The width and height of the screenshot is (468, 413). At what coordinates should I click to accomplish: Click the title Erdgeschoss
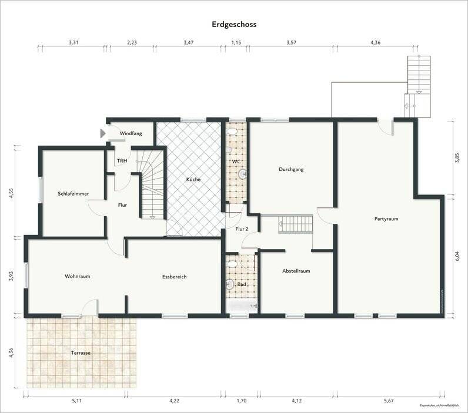tap(234, 25)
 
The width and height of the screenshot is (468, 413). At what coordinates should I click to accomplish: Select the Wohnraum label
tap(78, 276)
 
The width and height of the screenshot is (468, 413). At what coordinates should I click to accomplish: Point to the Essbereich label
tap(175, 276)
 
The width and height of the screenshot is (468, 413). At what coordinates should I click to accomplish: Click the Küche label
tap(193, 179)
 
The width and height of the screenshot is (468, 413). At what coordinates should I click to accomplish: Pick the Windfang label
tap(131, 134)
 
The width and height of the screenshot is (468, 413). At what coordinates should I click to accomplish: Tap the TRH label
tap(122, 161)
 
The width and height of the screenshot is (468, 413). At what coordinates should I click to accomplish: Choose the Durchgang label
tap(291, 170)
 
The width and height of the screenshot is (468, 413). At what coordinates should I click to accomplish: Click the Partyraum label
tap(386, 219)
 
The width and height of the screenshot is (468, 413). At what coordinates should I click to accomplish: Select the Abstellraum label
tap(296, 271)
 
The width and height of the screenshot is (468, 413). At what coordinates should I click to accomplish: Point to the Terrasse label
tap(81, 354)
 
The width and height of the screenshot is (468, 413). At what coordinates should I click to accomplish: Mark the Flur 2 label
tap(242, 229)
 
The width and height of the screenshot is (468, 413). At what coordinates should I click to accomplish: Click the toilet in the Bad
tap(230, 285)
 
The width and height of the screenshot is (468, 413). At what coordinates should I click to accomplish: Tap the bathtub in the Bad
tap(242, 306)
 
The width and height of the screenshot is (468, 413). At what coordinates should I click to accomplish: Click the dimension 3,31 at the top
tap(73, 43)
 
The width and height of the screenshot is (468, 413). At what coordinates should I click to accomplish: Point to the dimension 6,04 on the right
tap(457, 256)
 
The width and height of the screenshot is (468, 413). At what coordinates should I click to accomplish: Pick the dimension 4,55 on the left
tap(11, 193)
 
